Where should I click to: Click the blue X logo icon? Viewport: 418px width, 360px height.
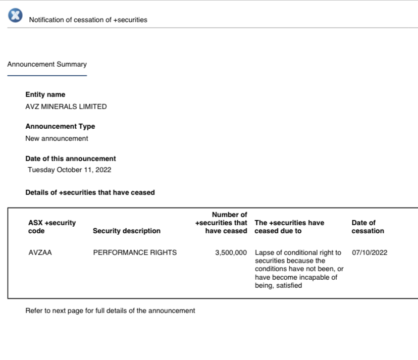[15, 16]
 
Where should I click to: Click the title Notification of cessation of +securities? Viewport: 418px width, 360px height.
[88, 20]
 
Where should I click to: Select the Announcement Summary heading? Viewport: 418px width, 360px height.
[47, 64]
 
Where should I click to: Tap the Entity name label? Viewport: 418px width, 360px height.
[45, 94]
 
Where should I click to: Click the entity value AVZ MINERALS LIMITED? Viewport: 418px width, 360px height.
[66, 107]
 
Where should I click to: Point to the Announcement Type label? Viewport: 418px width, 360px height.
[60, 126]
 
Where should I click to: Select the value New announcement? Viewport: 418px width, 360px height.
[57, 138]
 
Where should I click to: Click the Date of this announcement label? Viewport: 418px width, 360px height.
[70, 159]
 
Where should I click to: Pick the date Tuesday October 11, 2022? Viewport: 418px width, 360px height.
[69, 170]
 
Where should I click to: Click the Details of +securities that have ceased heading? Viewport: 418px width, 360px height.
[90, 192]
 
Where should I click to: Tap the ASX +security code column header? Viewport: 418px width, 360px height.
[52, 227]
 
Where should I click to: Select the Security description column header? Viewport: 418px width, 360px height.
[127, 231]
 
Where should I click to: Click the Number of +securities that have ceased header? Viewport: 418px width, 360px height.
[222, 223]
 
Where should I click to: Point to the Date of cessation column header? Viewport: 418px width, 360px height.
[368, 227]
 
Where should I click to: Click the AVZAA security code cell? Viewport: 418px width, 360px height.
[40, 252]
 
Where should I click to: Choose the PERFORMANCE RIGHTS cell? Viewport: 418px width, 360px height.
[135, 252]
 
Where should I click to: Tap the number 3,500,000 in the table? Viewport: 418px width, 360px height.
[231, 252]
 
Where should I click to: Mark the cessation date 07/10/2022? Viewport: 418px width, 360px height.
[370, 252]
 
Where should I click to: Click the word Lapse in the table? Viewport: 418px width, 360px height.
[265, 252]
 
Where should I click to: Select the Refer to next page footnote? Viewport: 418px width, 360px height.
[110, 311]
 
